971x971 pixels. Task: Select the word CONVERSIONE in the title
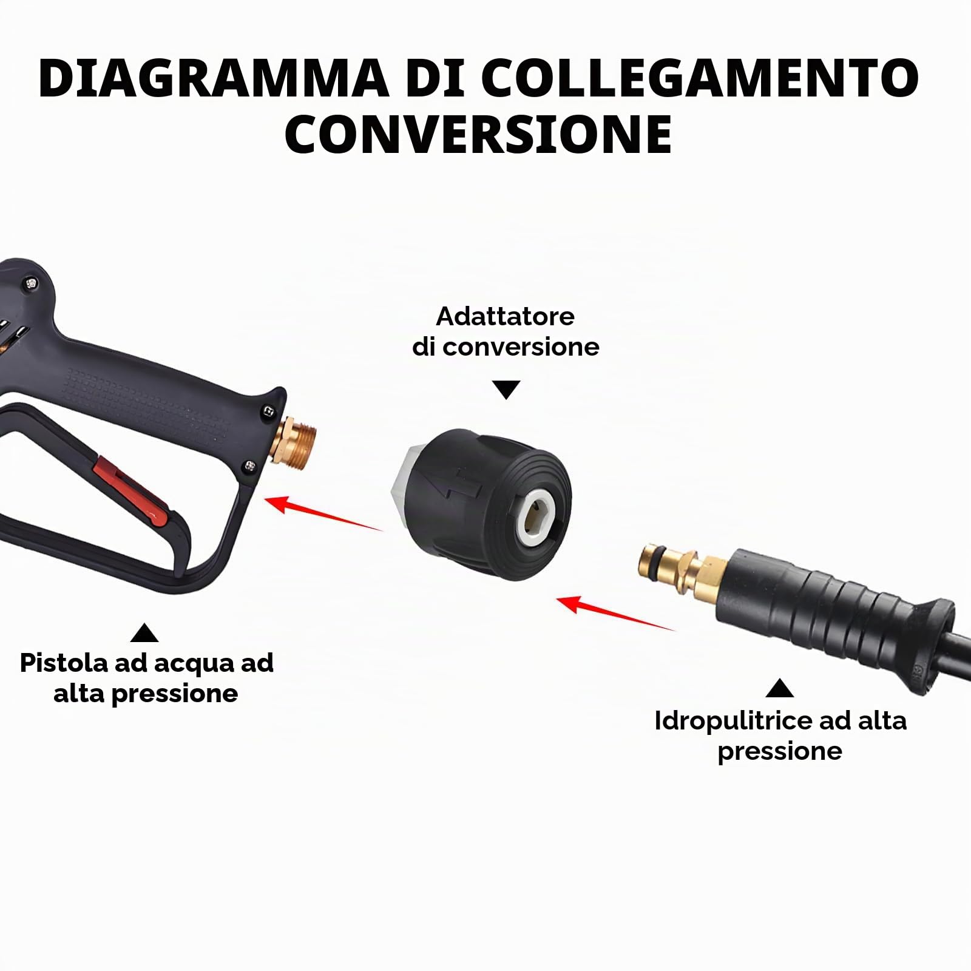coord(479,134)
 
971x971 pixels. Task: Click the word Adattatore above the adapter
coord(506,316)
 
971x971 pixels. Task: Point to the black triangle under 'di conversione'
coord(506,389)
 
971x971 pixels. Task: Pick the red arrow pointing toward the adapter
coord(616,614)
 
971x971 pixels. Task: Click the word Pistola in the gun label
coord(64,663)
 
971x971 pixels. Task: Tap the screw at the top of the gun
coord(31,282)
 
